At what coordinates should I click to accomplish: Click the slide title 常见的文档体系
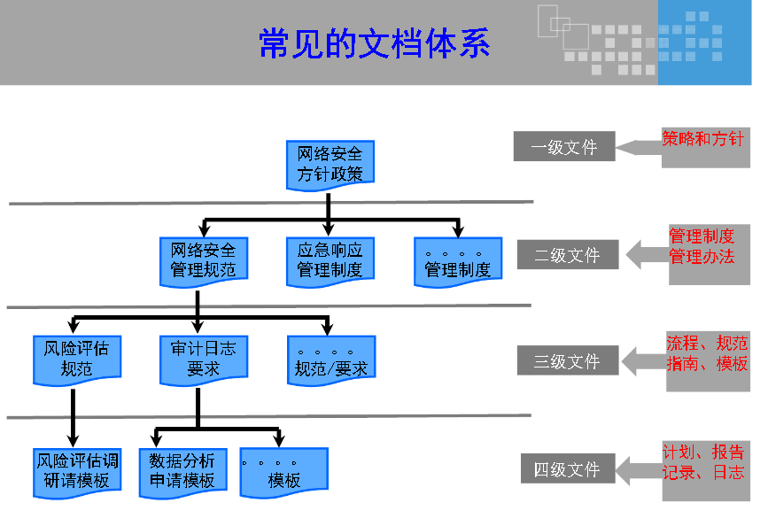pyautogui.click(x=374, y=43)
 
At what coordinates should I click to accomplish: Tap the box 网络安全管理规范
pyautogui.click(x=203, y=260)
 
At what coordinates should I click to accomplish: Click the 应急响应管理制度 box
pyautogui.click(x=330, y=260)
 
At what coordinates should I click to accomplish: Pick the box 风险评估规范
pyautogui.click(x=76, y=359)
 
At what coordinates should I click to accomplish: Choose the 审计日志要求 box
pyautogui.click(x=203, y=359)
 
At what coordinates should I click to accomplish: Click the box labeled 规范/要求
pyautogui.click(x=330, y=360)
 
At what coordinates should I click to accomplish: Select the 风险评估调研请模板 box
pyautogui.click(x=76, y=470)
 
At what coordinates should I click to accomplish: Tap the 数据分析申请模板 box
pyautogui.click(x=182, y=470)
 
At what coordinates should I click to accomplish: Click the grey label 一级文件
pyautogui.click(x=563, y=147)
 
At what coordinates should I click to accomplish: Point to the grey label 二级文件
pyautogui.click(x=567, y=255)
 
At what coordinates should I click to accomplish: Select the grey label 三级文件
pyautogui.click(x=567, y=361)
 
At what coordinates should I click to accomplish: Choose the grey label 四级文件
pyautogui.click(x=567, y=469)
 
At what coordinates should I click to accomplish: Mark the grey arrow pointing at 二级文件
pyautogui.click(x=647, y=255)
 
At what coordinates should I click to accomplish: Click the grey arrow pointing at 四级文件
pyautogui.click(x=639, y=469)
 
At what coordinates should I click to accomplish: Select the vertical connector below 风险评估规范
pyautogui.click(x=73, y=416)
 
